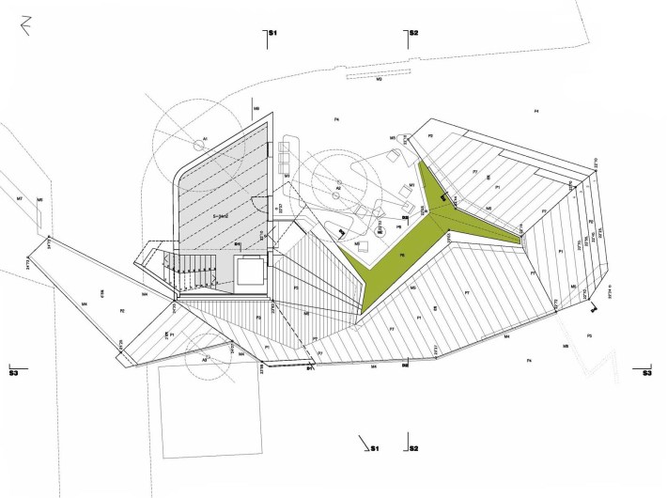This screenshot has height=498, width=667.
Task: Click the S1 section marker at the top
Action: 271,34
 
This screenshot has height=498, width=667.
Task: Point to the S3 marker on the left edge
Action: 13,372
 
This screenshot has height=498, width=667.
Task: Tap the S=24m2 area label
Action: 223,216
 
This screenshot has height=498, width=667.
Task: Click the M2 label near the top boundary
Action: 379,80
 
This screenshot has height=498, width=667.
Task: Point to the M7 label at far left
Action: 19,199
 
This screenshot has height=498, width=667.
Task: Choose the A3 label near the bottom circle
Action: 205,360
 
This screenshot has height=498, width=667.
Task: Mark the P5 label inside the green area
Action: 402,255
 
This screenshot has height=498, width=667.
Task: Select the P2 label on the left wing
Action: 122,310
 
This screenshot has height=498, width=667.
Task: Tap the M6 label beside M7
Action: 39,200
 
